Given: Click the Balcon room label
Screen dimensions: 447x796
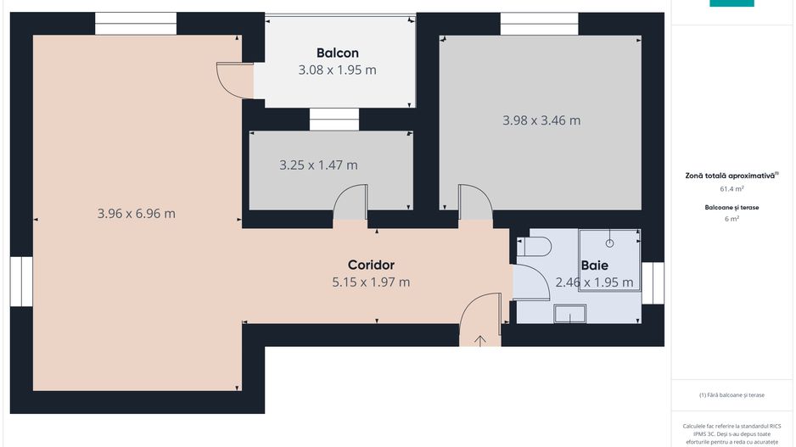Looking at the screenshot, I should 337,53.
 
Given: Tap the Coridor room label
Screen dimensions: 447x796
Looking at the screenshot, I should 371,265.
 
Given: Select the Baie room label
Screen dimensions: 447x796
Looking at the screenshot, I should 594,265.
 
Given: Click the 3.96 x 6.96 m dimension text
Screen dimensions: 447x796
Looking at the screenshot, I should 137,214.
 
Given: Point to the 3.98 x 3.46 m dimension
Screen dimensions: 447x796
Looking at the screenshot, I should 541,120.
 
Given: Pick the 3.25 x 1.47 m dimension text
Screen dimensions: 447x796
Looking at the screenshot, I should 318,165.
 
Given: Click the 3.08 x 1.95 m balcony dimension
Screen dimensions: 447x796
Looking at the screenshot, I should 337,70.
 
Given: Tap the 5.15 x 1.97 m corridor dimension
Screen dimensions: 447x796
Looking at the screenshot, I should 371,282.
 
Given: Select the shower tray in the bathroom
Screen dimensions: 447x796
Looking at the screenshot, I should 609,260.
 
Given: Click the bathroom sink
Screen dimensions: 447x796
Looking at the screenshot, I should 569,315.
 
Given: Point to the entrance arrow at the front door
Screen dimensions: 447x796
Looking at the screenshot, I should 480,341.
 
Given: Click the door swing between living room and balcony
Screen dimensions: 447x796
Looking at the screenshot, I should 234,80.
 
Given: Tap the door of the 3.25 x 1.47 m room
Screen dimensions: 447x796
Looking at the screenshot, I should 350,205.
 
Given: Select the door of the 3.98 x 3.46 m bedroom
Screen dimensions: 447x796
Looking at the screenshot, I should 474,204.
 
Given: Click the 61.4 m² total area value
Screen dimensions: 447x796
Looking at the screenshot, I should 732,189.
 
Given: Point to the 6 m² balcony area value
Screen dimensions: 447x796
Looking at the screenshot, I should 732,219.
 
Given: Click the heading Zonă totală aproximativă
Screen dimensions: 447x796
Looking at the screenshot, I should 731,176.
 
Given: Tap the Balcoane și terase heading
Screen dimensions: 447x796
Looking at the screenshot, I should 732,207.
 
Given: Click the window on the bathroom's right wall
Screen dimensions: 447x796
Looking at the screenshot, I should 653,282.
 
